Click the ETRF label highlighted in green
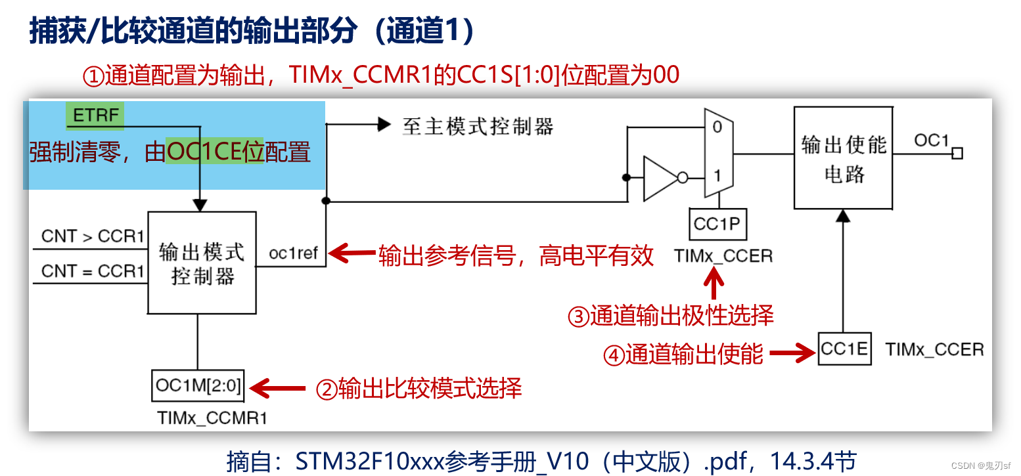(95, 116)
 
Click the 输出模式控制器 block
(202, 263)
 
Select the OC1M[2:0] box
(198, 385)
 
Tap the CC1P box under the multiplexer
(716, 225)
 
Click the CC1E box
(844, 349)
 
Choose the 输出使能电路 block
(844, 158)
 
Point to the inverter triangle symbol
(660, 177)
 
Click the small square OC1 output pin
(957, 153)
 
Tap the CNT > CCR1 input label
(93, 237)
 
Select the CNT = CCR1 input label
(93, 271)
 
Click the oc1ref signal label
(293, 253)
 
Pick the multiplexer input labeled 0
(717, 127)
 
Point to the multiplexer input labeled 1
(717, 176)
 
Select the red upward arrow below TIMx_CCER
(714, 286)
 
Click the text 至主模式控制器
(478, 126)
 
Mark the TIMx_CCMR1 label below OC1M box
(212, 418)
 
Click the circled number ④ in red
(613, 355)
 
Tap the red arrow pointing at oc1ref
(351, 253)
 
